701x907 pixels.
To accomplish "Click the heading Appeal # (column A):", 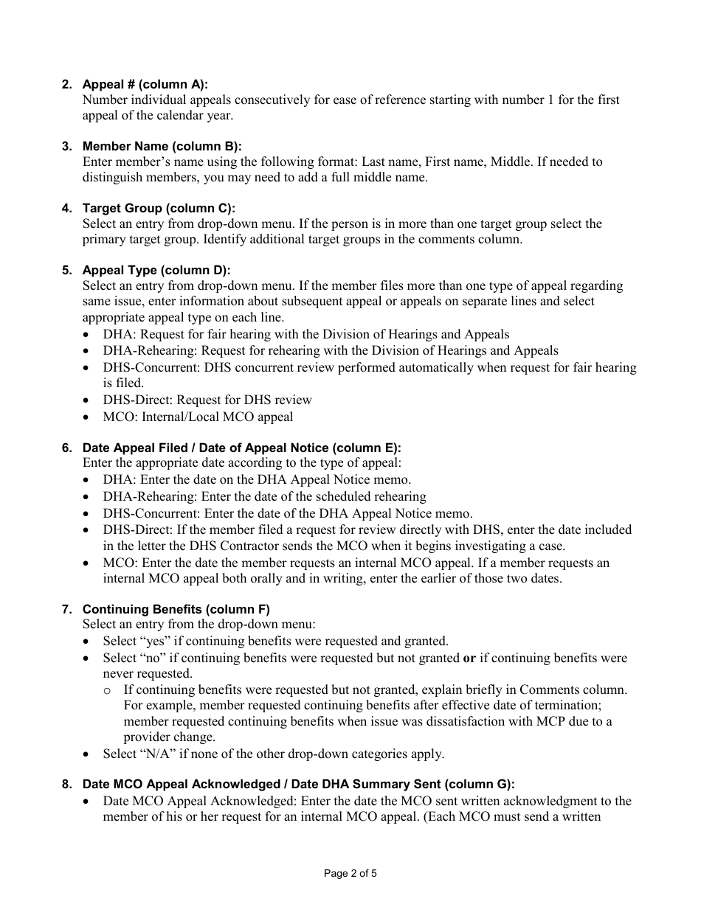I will (145, 85).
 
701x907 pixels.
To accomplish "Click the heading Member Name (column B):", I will (162, 146).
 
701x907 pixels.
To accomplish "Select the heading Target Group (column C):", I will (159, 208).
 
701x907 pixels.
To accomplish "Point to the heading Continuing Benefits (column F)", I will (176, 609).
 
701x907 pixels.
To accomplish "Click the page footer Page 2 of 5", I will (350, 874).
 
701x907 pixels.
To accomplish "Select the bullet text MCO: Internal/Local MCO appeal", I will (198, 417).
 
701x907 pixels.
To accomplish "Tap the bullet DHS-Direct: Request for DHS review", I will (207, 400).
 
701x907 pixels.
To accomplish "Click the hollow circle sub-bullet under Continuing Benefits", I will (108, 690).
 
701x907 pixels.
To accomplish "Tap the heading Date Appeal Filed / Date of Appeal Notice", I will (241, 448).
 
